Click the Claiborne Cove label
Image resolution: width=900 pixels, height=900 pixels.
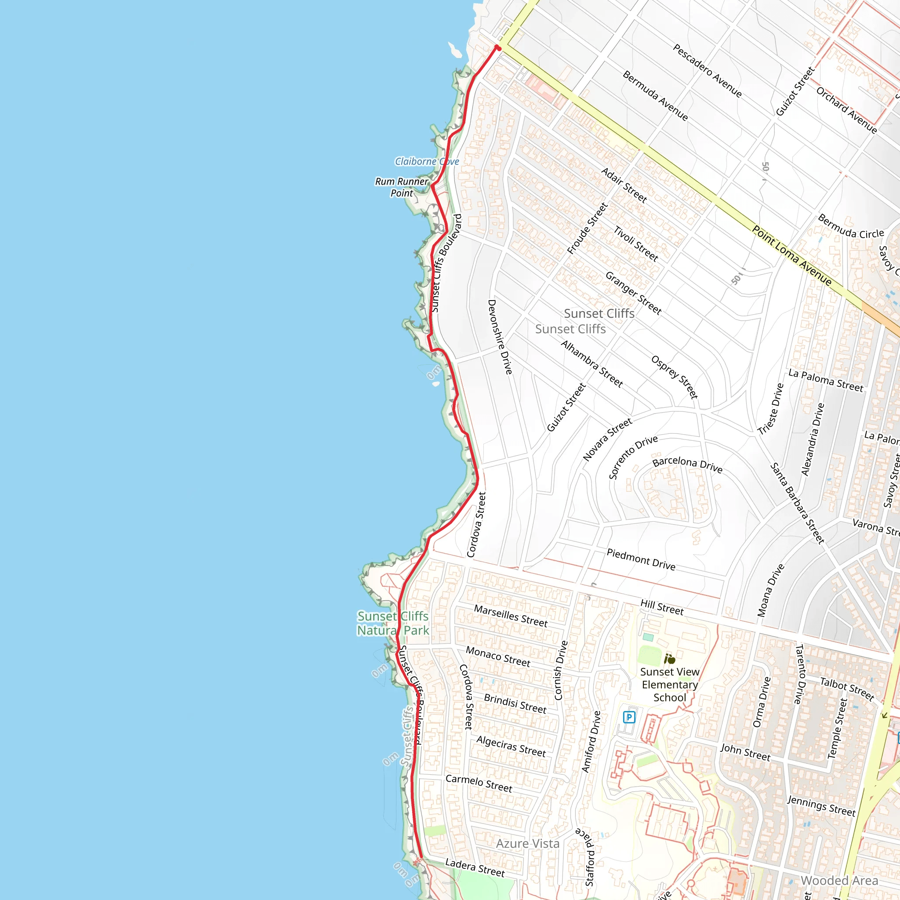coord(427,162)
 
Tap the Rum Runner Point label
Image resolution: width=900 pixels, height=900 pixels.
coord(402,187)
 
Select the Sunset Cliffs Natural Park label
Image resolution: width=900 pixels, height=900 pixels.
coord(393,623)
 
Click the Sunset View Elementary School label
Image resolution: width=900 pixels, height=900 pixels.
coord(669,684)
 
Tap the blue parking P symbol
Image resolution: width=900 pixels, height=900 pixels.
coord(629,717)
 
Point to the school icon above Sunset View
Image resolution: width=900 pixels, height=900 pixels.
coord(669,659)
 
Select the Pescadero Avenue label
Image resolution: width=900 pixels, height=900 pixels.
coord(707,70)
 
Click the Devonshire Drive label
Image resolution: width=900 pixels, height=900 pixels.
coord(500,337)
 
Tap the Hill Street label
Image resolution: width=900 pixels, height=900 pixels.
coord(661,607)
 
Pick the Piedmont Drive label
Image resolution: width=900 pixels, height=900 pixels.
coord(641,559)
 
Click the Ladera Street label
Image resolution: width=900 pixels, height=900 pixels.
coord(475,868)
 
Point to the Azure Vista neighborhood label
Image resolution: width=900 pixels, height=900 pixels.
coord(527,844)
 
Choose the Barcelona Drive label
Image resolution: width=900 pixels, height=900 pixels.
coord(687,464)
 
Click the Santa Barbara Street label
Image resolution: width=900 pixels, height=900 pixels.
coord(797,503)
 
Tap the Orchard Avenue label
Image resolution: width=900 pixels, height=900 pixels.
coord(846,110)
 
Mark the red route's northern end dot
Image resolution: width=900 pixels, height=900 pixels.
coord(497,47)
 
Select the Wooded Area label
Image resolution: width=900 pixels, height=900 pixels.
coord(839,880)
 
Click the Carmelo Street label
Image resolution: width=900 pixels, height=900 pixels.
coord(479,783)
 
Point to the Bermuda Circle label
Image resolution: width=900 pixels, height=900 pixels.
coord(851,226)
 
